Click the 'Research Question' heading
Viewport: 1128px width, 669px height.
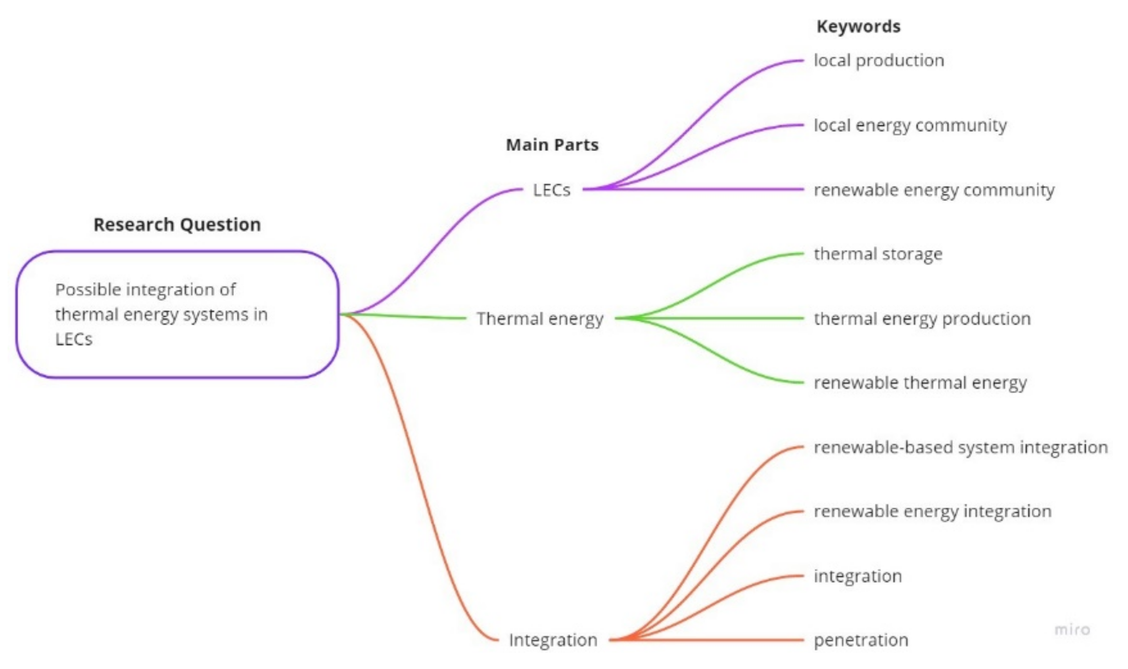tap(177, 224)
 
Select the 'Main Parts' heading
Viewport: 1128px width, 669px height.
tap(552, 145)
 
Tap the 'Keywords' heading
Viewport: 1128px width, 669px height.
tap(858, 26)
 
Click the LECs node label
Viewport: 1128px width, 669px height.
tap(551, 190)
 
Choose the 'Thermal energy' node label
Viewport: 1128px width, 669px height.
tap(540, 318)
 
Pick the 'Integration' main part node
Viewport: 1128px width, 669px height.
tap(553, 640)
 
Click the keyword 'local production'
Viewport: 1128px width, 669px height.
tap(879, 60)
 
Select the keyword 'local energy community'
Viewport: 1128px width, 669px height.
tap(910, 125)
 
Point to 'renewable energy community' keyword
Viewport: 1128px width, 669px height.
tap(934, 190)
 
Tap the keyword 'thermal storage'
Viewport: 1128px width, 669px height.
tap(878, 254)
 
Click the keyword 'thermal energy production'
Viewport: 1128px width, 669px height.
tap(922, 318)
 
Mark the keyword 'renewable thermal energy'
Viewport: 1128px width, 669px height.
tap(920, 383)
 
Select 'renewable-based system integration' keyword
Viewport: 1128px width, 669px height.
tap(961, 447)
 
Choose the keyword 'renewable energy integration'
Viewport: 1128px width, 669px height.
tap(932, 511)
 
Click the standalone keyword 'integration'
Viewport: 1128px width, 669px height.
tap(858, 576)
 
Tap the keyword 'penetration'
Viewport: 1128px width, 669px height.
tap(861, 640)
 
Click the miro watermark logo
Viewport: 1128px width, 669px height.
tap(1072, 629)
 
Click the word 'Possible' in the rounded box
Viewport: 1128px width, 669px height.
tap(88, 290)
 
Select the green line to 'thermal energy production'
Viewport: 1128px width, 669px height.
tap(721, 318)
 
